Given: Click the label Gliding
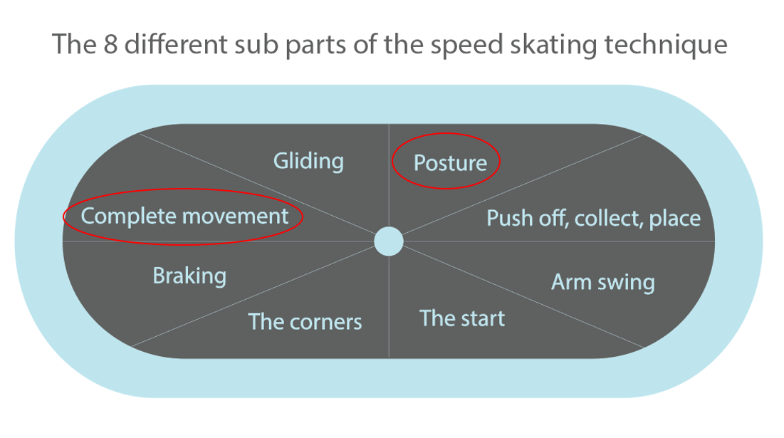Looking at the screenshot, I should click(x=308, y=161).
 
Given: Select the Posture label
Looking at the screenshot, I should click(x=450, y=162).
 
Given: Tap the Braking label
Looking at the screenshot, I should click(x=189, y=276).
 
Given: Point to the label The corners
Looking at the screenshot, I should click(x=305, y=321).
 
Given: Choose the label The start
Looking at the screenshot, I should click(x=461, y=318).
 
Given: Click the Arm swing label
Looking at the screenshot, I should click(x=602, y=282).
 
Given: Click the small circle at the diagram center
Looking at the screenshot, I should click(x=389, y=241).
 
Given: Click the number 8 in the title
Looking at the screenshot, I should click(x=104, y=45).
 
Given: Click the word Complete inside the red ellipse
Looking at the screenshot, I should click(x=127, y=216).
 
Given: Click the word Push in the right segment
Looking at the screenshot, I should click(x=507, y=218).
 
